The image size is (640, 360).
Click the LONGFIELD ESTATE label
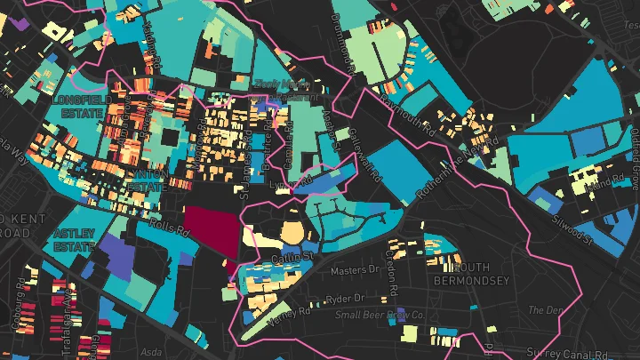[x=79, y=107]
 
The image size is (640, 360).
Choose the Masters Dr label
[x=348, y=270]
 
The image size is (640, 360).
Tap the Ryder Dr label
[x=347, y=299]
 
